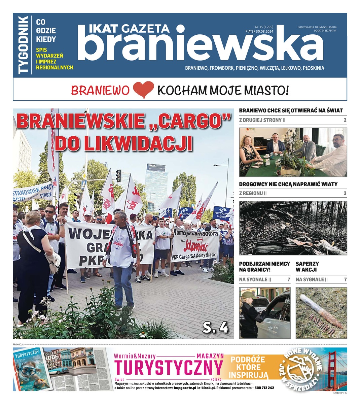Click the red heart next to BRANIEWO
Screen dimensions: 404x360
coord(143,90)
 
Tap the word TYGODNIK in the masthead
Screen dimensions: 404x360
coord(24,45)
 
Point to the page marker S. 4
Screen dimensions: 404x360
coord(215,327)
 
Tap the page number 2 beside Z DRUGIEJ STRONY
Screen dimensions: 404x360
coord(345,120)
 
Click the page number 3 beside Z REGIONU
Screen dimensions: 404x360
coord(345,194)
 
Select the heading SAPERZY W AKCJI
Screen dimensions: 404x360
coord(307,267)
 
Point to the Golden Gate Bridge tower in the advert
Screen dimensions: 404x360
coord(333,365)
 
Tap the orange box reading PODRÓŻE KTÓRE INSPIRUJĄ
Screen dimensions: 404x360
coord(248,367)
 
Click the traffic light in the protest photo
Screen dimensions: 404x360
coord(118,175)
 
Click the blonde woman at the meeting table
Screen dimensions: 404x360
coord(247,151)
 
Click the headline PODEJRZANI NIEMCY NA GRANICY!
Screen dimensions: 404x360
coord(264,267)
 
